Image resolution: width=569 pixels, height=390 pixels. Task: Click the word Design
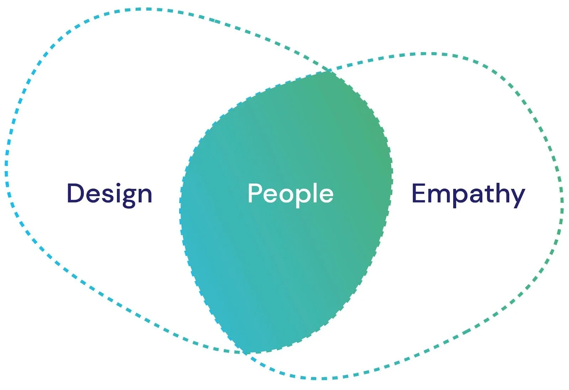(110, 194)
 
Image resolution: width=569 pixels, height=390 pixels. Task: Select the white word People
(291, 194)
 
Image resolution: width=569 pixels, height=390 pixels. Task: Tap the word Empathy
(468, 194)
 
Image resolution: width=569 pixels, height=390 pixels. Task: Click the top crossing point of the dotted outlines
(328, 70)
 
